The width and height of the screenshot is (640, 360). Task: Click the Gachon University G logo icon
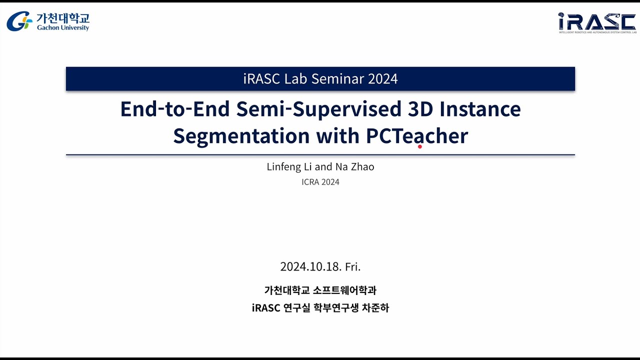pyautogui.click(x=19, y=21)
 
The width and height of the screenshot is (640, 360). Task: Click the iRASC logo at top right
pyautogui.click(x=596, y=21)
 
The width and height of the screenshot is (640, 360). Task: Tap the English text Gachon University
pyautogui.click(x=63, y=28)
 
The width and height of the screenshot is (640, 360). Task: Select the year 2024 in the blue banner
pyautogui.click(x=382, y=79)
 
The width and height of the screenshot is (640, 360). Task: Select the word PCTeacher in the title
pyautogui.click(x=416, y=136)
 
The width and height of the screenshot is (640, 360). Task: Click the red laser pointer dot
pyautogui.click(x=420, y=146)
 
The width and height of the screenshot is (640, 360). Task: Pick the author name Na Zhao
pyautogui.click(x=355, y=167)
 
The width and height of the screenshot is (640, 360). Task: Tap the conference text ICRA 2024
pyautogui.click(x=320, y=182)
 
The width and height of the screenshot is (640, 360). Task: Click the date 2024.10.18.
pyautogui.click(x=310, y=266)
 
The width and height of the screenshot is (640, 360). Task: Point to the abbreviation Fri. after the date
pyautogui.click(x=353, y=266)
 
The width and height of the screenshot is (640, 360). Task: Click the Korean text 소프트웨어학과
pyautogui.click(x=344, y=290)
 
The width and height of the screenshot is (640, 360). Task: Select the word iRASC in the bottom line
pyautogui.click(x=266, y=308)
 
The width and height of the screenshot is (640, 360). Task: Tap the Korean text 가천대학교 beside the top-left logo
pyautogui.click(x=63, y=18)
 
